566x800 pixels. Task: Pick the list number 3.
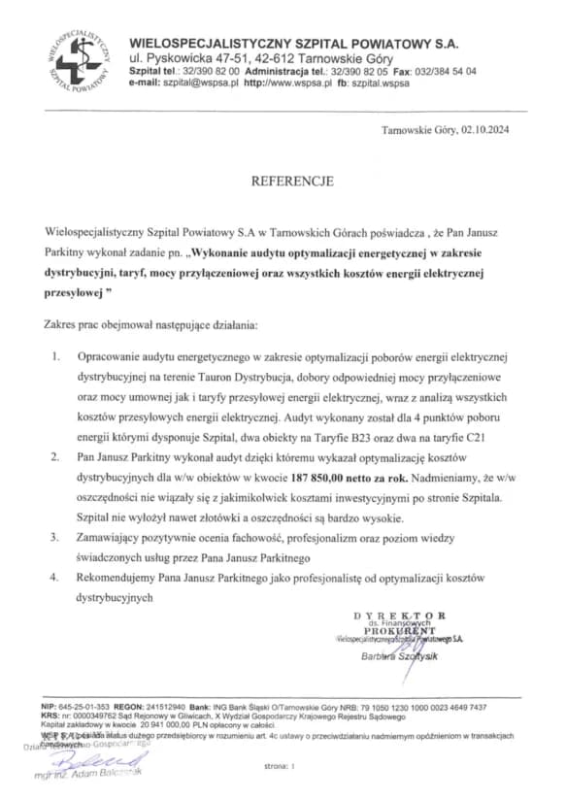(x=56, y=536)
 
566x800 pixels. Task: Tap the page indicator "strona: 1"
(x=279, y=766)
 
